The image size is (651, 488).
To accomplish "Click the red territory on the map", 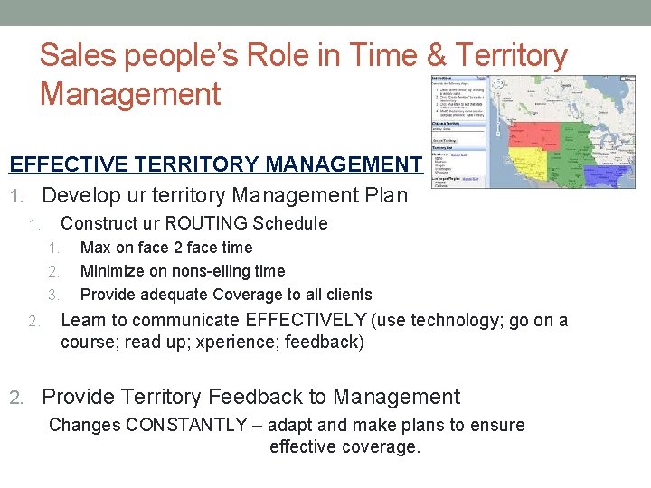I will [x=540, y=136].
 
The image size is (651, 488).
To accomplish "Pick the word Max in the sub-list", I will [x=95, y=248].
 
